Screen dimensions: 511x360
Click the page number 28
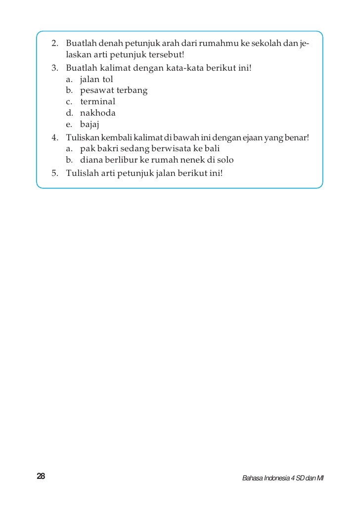tap(41, 476)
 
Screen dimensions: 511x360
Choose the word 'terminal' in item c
tap(97, 101)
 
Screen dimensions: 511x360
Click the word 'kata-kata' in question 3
tap(185, 67)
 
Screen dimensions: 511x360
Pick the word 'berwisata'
tap(176, 148)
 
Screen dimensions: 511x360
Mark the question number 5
tap(54, 172)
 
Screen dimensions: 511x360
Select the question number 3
tap(54, 67)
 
